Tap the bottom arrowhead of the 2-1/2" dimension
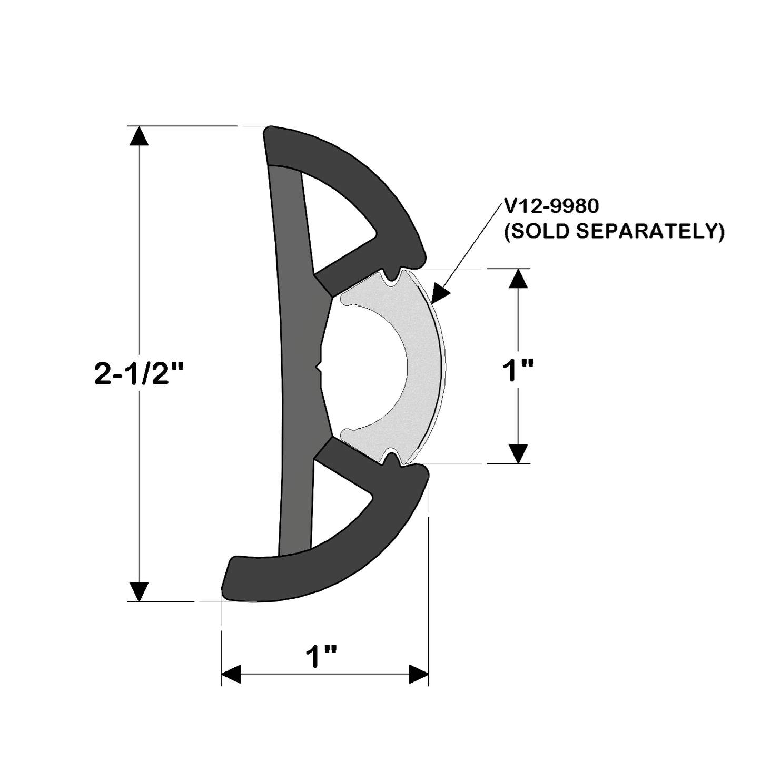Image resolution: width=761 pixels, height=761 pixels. pyautogui.click(x=139, y=591)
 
